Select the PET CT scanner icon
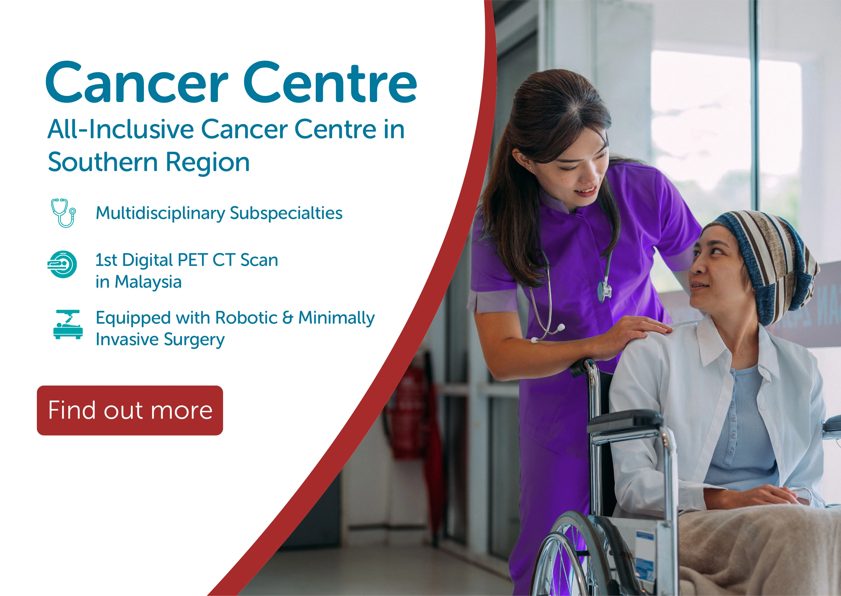point(62,264)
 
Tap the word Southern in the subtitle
point(103,162)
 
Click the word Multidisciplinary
point(160,213)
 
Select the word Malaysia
point(148,282)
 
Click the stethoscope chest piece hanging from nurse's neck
point(604,290)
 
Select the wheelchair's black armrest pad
point(623,420)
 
